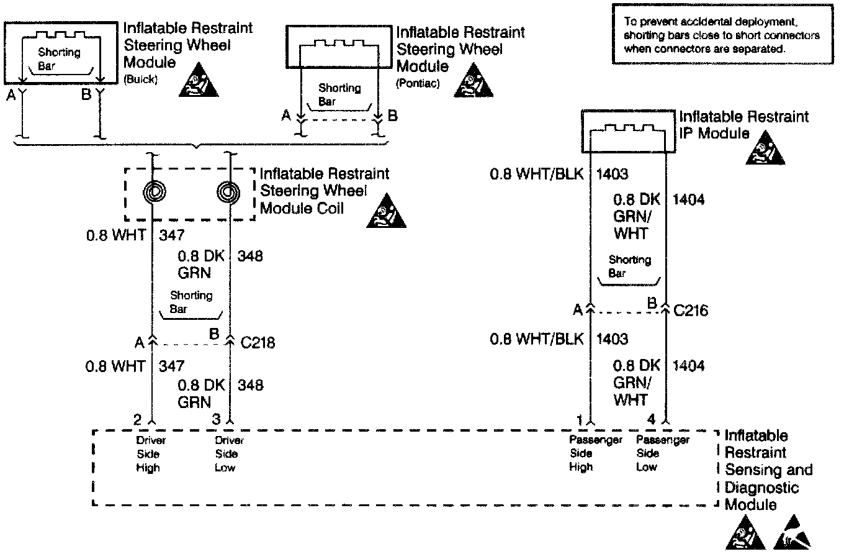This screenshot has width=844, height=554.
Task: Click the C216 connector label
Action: (691, 309)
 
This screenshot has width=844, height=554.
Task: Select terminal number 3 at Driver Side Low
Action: (217, 420)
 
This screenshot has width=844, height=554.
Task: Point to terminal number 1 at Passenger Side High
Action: (579, 420)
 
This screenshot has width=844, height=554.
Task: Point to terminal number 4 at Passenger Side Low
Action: (651, 420)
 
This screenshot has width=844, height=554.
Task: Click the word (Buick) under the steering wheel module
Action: (141, 80)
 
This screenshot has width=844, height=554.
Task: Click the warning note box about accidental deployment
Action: (721, 35)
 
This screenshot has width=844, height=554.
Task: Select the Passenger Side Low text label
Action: (662, 454)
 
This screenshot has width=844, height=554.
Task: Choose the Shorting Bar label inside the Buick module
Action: (59, 58)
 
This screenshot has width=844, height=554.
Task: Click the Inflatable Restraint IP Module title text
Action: (744, 125)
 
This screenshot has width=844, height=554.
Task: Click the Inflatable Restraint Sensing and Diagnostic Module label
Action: (768, 470)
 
